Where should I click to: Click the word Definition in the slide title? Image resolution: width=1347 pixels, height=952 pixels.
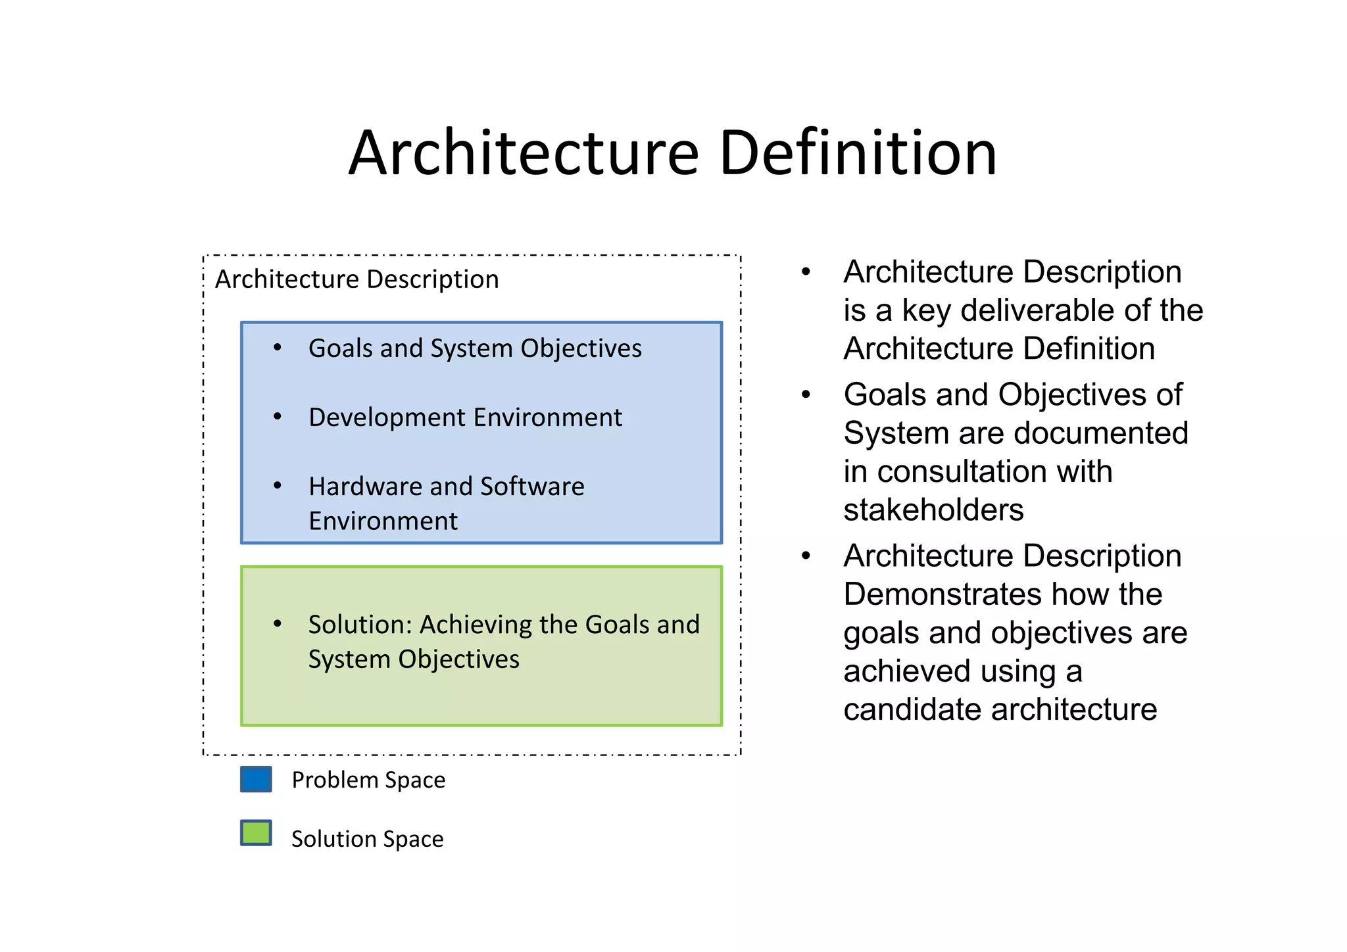coord(858,153)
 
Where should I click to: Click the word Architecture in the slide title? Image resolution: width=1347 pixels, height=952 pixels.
coord(523,153)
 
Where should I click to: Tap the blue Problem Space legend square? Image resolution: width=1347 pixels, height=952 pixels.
coord(256,779)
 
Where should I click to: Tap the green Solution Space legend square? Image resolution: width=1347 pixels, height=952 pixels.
coord(256,833)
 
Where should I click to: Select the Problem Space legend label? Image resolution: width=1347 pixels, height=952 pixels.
coord(368,780)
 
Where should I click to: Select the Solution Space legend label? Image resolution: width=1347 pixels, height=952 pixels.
coord(367,840)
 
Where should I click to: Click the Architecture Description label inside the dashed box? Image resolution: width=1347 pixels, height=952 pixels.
coord(356,279)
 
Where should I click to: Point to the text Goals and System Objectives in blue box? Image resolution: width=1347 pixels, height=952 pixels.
coord(475,348)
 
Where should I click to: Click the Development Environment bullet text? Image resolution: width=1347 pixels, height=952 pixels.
coord(465,417)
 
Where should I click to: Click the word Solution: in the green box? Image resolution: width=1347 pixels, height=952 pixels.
coord(360,625)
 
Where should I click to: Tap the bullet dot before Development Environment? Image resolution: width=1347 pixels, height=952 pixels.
coord(278,416)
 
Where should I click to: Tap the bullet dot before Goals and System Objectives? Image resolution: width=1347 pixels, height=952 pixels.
coord(278,347)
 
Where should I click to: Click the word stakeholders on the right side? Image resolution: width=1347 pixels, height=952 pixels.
coord(933,510)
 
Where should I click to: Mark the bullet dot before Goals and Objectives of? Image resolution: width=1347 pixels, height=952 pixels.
coord(806,394)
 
